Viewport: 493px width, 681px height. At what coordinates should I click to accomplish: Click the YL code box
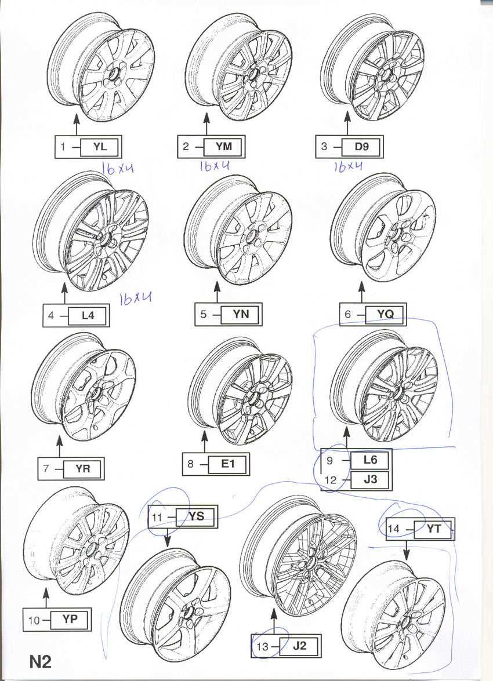click(100, 147)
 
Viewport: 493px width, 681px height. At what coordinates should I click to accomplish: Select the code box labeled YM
click(223, 147)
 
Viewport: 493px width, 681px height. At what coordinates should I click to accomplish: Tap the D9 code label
click(361, 147)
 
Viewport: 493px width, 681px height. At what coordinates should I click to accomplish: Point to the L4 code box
click(88, 315)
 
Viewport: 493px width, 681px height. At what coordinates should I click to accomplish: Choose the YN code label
click(241, 314)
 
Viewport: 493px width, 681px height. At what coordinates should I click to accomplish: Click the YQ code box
click(385, 314)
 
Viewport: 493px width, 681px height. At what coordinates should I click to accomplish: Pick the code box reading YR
click(82, 469)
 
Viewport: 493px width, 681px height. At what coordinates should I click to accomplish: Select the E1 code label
click(228, 464)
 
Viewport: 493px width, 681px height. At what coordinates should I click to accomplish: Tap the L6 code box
click(370, 460)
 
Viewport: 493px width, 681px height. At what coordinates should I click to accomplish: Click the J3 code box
click(370, 479)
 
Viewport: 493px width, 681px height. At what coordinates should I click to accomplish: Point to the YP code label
click(70, 620)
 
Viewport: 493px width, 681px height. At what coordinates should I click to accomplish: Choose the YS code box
click(195, 516)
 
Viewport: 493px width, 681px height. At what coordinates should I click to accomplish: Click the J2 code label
click(299, 646)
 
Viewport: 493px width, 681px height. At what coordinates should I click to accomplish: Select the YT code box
click(433, 529)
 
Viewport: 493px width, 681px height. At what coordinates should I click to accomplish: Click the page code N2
click(41, 661)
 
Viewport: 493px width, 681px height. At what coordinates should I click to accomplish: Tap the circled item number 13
click(262, 647)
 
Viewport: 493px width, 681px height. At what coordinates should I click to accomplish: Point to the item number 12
click(331, 480)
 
